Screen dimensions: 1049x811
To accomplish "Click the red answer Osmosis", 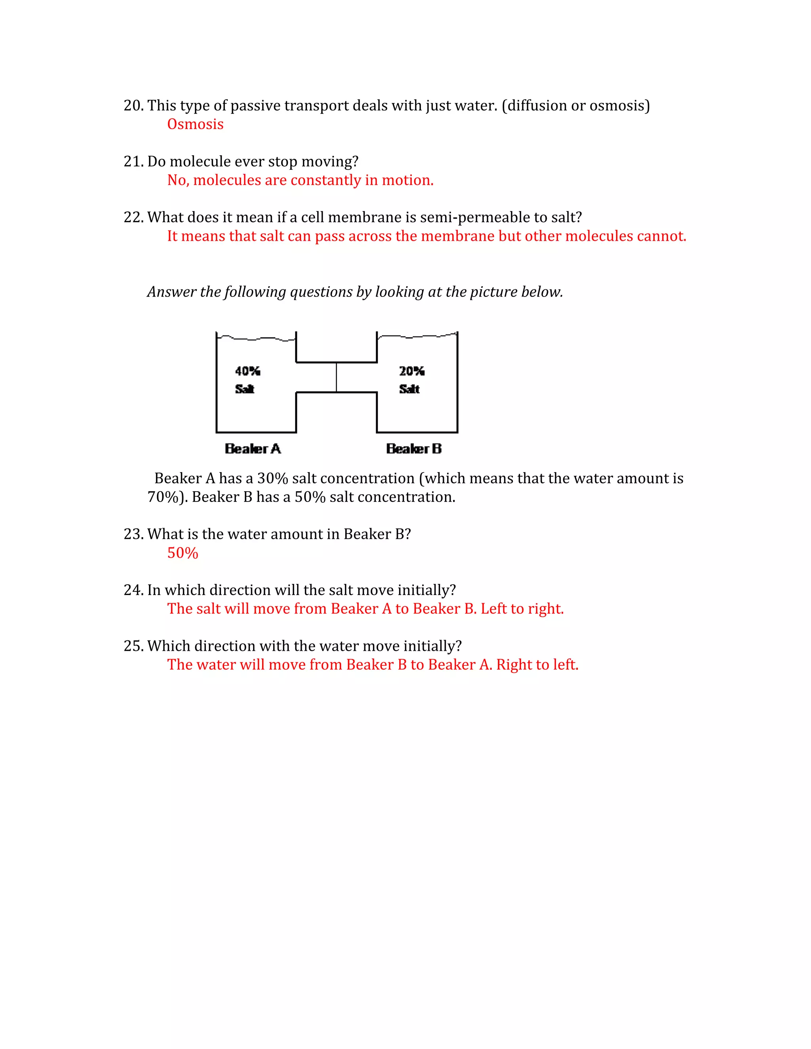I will [195, 124].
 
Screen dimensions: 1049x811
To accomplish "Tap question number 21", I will [133, 162].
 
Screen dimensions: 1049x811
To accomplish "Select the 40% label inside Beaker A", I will [247, 371].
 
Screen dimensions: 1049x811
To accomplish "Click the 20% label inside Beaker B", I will [411, 371].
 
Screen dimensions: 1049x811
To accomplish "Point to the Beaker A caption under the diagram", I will [253, 448].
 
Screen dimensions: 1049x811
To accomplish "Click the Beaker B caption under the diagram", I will [414, 448].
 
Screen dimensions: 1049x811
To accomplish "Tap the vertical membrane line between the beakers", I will [336, 378].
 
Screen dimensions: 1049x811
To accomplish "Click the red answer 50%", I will [183, 553].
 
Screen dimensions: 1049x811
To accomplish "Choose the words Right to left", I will [537, 665].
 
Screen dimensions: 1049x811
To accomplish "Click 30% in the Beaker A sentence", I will [272, 479].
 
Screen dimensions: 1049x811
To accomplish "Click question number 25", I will [133, 646].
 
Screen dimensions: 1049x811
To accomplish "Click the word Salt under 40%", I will [245, 389].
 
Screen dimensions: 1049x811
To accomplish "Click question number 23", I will [133, 534].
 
